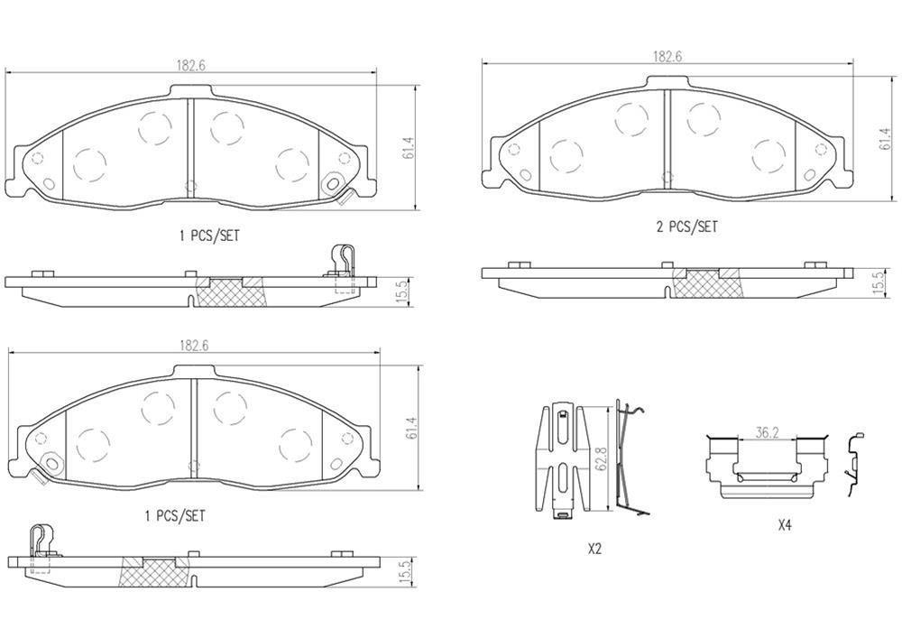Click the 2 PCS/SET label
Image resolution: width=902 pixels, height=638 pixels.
tap(686, 227)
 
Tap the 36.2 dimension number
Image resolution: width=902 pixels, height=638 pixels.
tap(767, 433)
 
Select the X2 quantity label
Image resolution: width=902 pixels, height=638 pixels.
tap(594, 548)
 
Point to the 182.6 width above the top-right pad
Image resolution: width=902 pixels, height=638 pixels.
tap(667, 56)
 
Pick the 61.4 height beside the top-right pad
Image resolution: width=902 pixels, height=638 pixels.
tap(884, 138)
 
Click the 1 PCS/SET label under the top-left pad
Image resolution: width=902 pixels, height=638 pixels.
tap(209, 236)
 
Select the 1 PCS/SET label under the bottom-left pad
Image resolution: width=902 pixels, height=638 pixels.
tap(175, 516)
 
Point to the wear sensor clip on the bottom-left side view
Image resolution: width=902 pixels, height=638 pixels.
tap(41, 547)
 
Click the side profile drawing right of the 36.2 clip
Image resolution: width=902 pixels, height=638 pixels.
tap(852, 463)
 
